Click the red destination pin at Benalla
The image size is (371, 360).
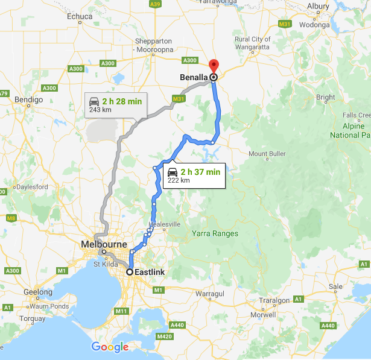214,66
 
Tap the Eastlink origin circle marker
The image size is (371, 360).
129,272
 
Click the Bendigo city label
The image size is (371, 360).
30,99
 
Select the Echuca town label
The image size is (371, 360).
80,16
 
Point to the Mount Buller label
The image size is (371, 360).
267,154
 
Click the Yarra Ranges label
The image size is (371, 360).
215,233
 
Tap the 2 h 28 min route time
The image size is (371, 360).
122,101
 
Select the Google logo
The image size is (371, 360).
110,347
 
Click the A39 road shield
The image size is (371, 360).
156,4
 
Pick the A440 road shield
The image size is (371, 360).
328,326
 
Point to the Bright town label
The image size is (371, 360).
325,97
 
